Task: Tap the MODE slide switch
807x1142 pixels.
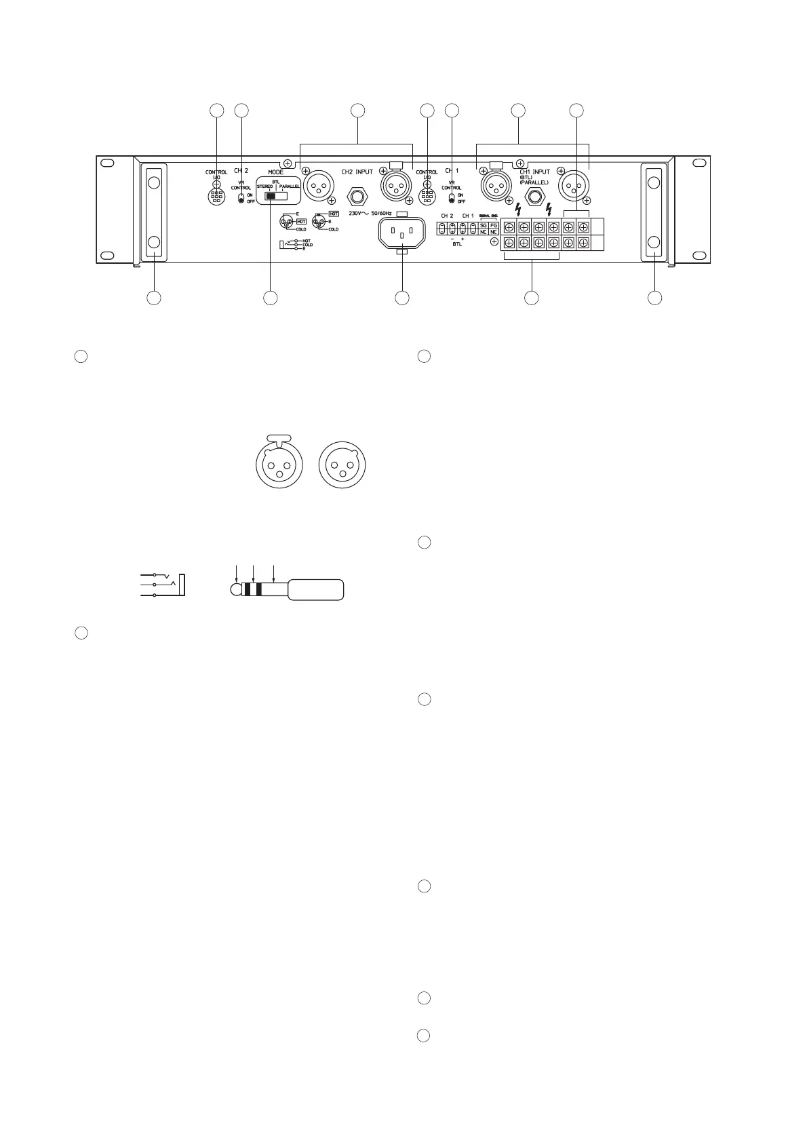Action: tap(277, 196)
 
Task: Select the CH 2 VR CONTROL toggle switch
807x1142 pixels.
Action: tap(241, 199)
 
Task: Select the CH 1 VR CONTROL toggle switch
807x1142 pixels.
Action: tap(452, 199)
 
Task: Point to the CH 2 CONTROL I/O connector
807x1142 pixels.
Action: tap(216, 197)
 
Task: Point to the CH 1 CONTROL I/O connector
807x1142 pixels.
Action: tap(427, 197)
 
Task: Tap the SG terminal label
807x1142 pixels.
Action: tap(483, 224)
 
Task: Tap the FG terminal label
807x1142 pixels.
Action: tap(494, 224)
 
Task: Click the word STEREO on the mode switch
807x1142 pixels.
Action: tap(264, 186)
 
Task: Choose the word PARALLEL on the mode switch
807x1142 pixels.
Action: tap(290, 186)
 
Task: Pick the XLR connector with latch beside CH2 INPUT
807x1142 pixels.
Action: tap(396, 184)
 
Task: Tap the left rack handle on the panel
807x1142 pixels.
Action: tap(153, 212)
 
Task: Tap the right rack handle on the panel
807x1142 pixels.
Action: tap(654, 212)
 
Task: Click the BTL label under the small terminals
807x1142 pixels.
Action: tap(457, 244)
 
